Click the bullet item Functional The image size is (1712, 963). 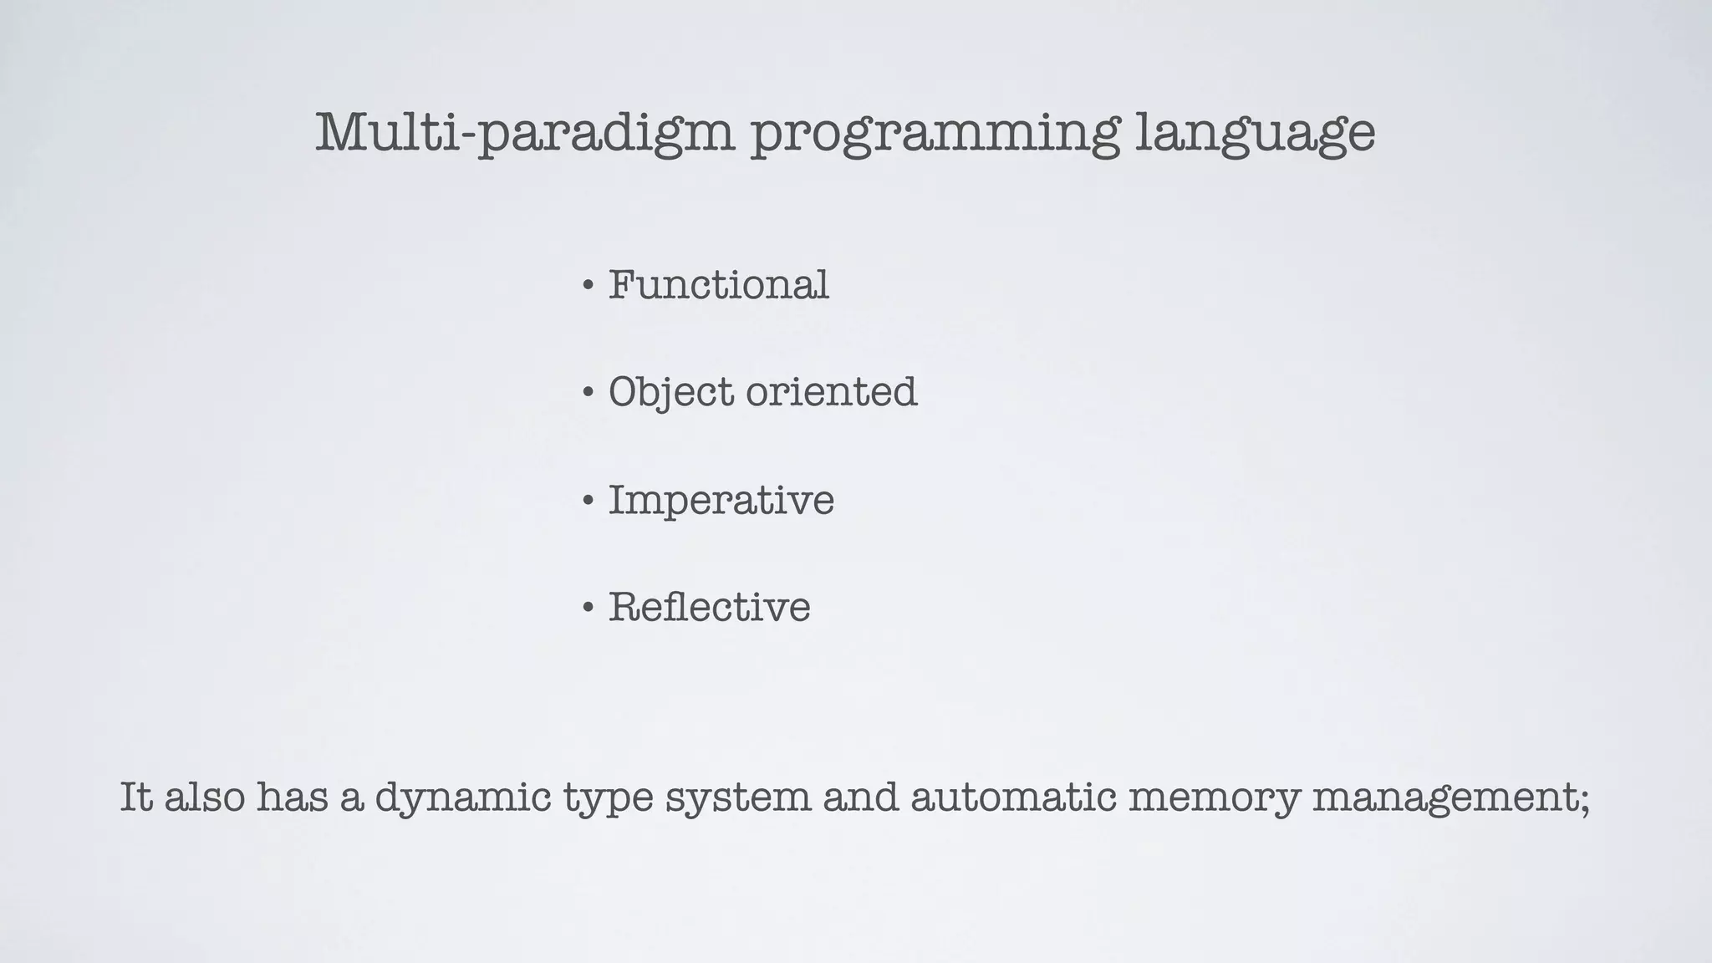(718, 285)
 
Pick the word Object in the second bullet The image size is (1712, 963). (670, 392)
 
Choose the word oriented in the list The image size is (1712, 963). (832, 392)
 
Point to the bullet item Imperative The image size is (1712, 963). (721, 501)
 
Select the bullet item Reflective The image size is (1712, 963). (709, 607)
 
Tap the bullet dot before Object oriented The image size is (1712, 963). (588, 393)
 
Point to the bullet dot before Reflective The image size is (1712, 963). (588, 608)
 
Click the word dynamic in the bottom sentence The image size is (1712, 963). (462, 797)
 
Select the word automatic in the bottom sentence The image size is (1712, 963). (1013, 797)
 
